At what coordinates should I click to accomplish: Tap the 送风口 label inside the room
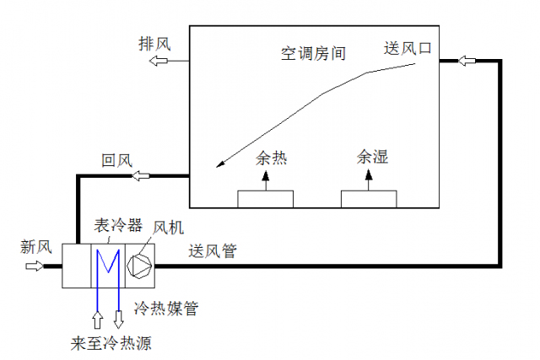click(408, 48)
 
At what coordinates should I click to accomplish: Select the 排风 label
click(154, 45)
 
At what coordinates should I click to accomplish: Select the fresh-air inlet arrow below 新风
click(35, 266)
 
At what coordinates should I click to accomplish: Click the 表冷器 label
click(111, 226)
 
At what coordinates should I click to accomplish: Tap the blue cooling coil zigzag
click(108, 266)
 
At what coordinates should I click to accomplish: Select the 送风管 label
click(213, 250)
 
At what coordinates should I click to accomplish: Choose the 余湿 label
click(372, 158)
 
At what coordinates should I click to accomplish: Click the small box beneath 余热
click(265, 198)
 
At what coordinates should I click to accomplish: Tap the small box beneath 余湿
click(369, 198)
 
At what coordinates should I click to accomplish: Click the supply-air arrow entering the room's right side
click(467, 61)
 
